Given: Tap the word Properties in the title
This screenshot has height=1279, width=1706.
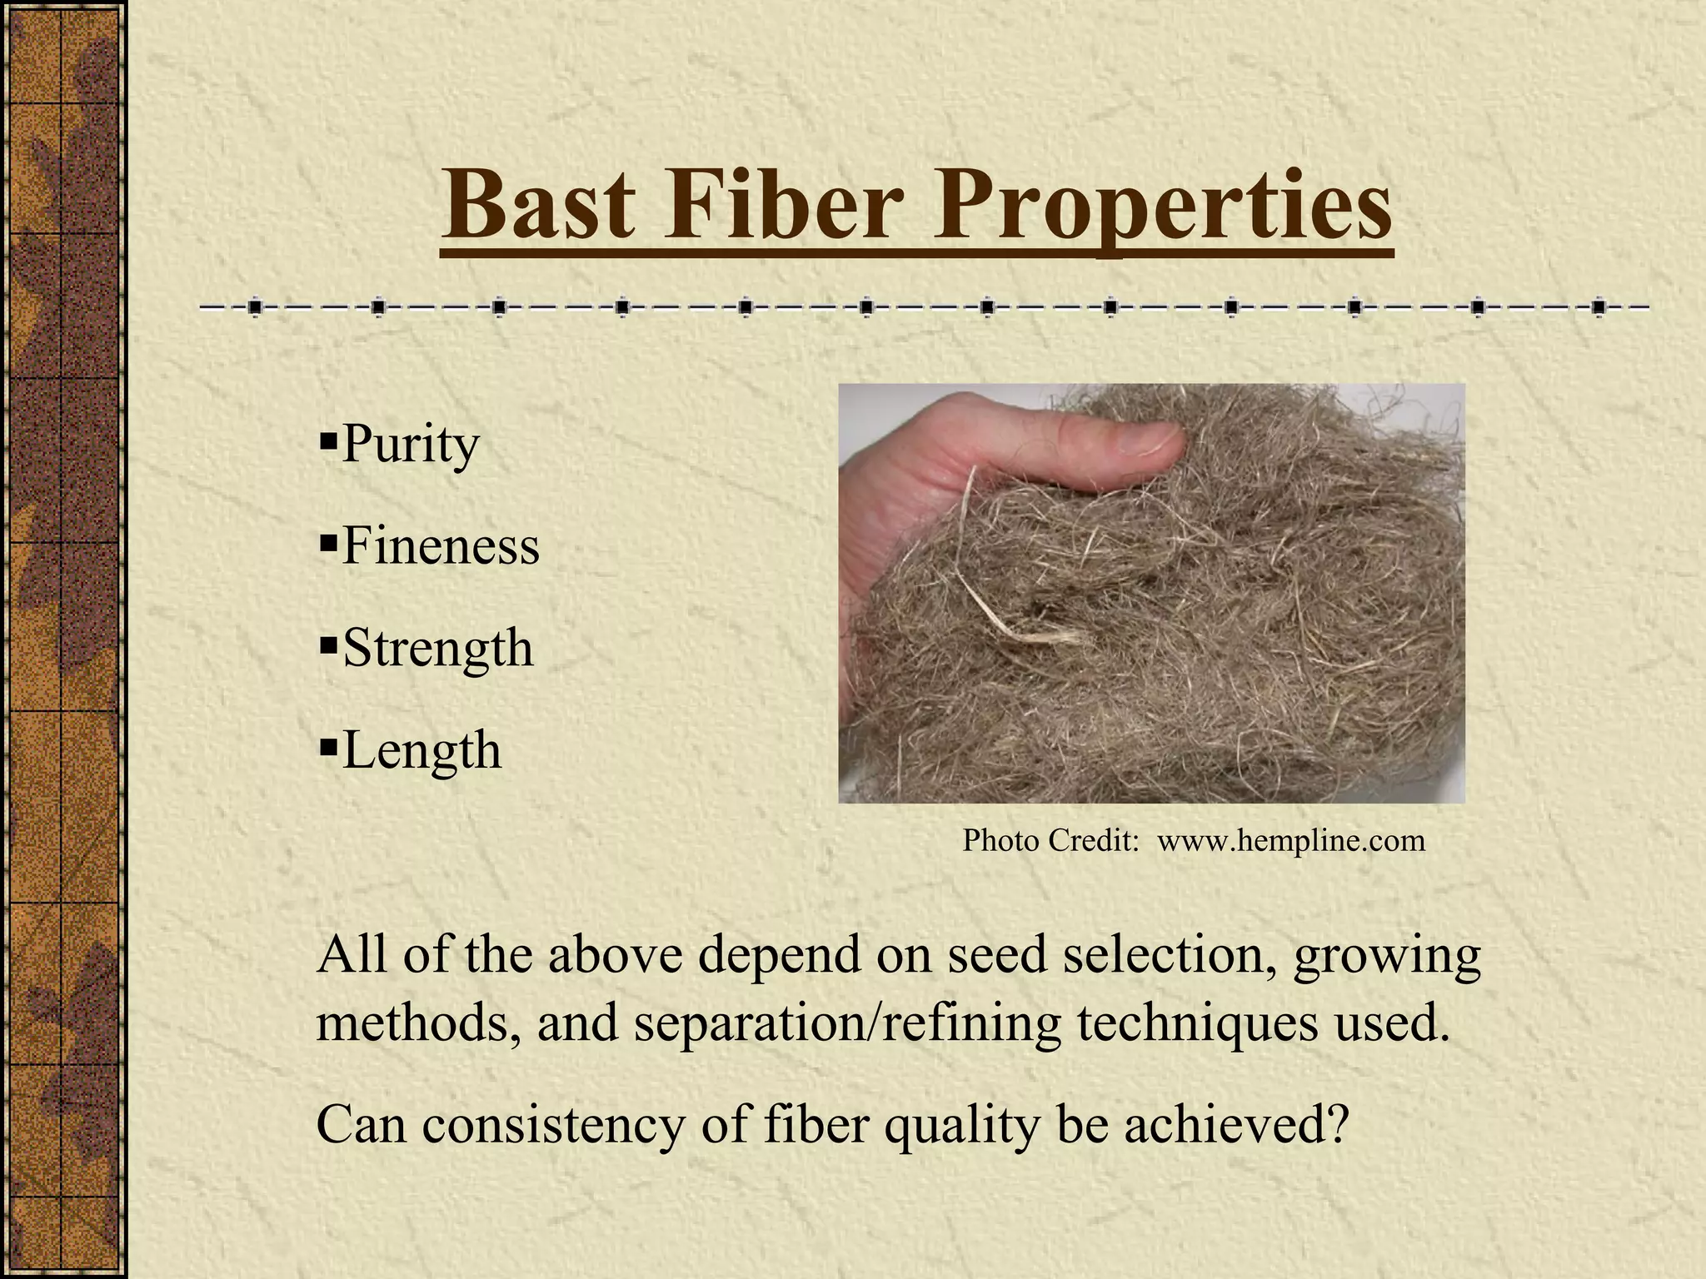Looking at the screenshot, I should click(x=1161, y=207).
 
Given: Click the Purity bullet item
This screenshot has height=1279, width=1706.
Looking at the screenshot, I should click(x=410, y=445).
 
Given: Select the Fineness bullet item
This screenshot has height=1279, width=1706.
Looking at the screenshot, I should click(x=440, y=547).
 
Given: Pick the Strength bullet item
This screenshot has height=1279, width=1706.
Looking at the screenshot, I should click(x=437, y=649).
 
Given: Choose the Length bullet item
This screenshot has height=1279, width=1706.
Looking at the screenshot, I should click(x=422, y=750).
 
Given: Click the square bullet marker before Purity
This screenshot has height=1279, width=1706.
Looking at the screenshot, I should click(x=327, y=436).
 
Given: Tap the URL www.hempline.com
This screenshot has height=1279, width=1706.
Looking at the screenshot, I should click(x=1291, y=841).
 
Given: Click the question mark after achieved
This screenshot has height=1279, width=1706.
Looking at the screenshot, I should click(x=1336, y=1125).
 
